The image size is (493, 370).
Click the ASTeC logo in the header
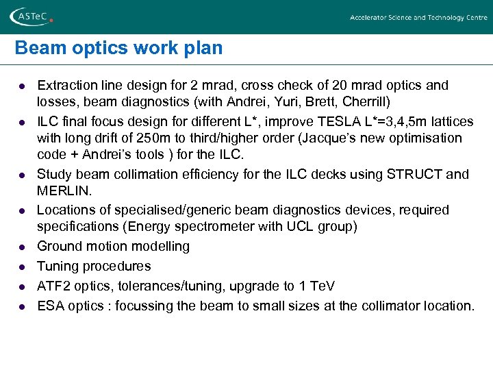pyautogui.click(x=30, y=17)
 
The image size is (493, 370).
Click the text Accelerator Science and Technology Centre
pyautogui.click(x=418, y=18)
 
